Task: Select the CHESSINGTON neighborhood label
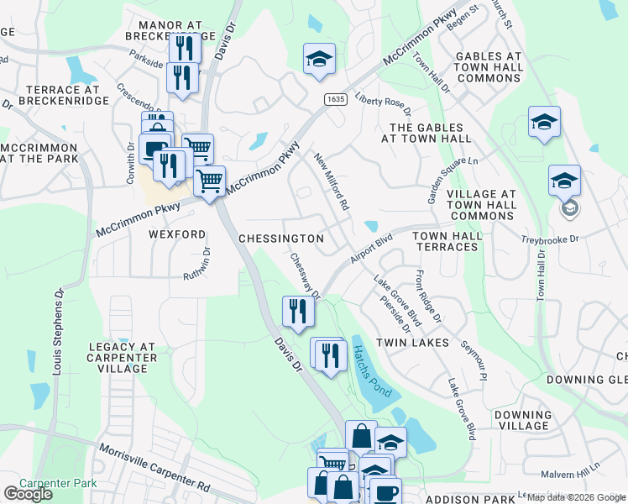click(x=281, y=239)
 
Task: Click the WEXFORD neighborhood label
click(x=177, y=234)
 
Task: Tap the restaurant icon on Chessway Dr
click(x=298, y=312)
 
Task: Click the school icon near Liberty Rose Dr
click(x=318, y=59)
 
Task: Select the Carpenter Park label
click(x=59, y=483)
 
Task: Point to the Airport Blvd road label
click(x=372, y=249)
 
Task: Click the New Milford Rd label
click(x=332, y=181)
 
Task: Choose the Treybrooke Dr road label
click(x=550, y=239)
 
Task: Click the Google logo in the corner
click(x=28, y=494)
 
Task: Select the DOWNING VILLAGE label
click(x=522, y=420)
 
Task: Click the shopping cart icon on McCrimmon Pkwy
click(x=209, y=180)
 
